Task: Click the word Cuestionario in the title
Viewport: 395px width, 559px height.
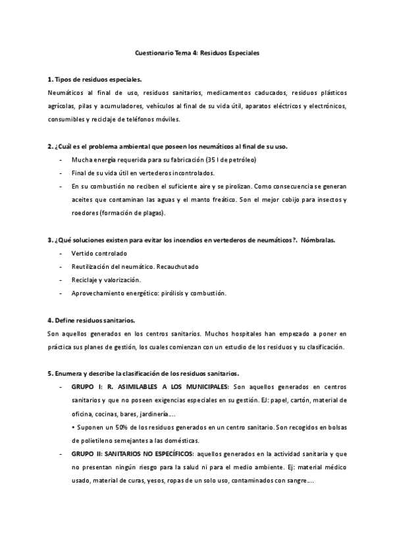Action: (x=153, y=52)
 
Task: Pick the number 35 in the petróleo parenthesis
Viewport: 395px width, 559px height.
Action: (x=208, y=160)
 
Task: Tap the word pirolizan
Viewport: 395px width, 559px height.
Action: (x=214, y=187)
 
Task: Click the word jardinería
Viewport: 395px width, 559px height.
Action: (x=156, y=413)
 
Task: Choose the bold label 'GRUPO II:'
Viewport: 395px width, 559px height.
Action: (x=86, y=454)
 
